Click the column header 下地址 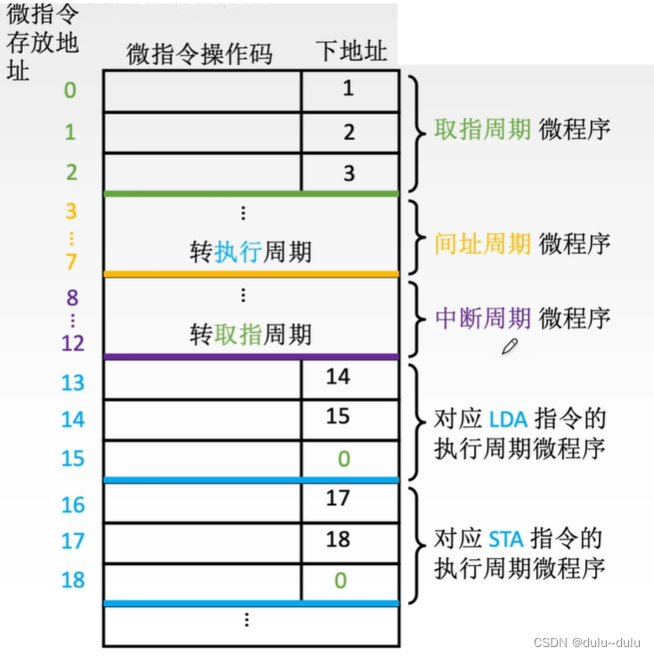coord(351,51)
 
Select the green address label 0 coord(70,90)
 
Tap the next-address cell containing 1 coord(348,88)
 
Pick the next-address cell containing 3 coord(348,173)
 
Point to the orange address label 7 coord(70,262)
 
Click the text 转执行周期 coord(250,252)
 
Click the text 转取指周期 coord(250,334)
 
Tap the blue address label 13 coord(72,382)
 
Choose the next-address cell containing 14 coord(338,377)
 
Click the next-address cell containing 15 coord(338,417)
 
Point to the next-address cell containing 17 coord(338,498)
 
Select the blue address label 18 coord(72,579)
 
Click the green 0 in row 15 coord(343,459)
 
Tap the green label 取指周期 coord(482,129)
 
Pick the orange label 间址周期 coord(482,242)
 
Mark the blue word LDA coord(509,418)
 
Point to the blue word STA coord(509,538)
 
